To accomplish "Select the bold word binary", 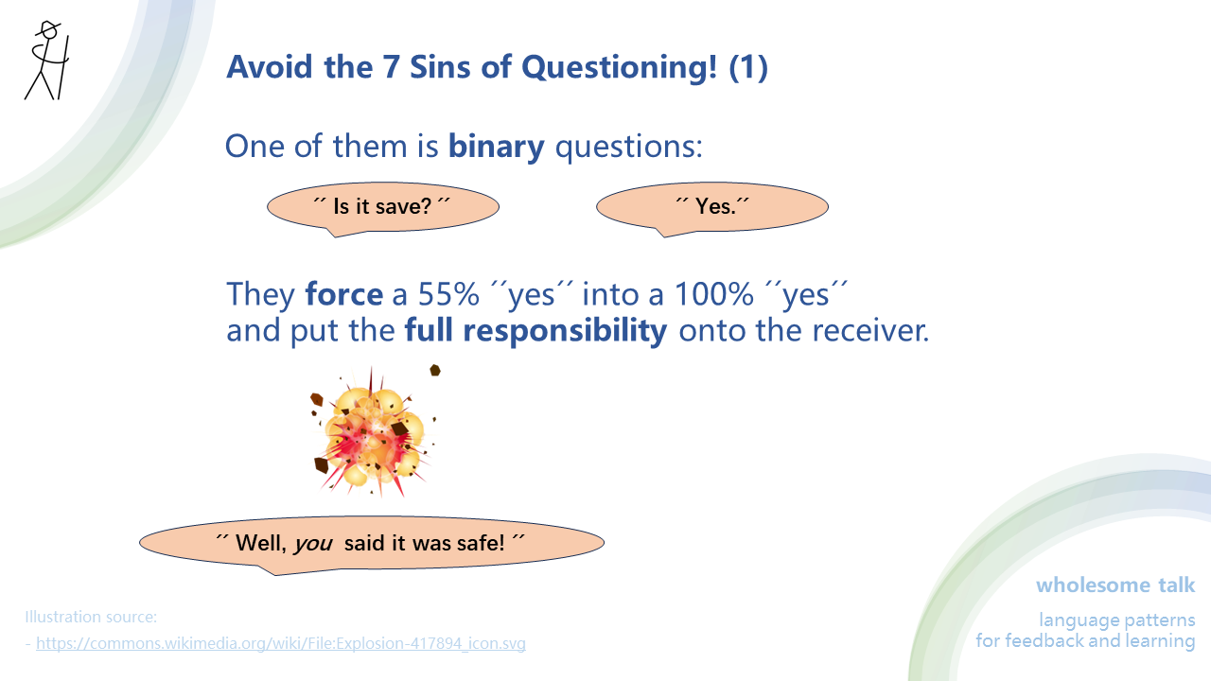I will (x=496, y=147).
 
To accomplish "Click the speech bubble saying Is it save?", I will (x=382, y=206).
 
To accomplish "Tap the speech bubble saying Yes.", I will (x=712, y=206).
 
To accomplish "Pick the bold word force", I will (x=343, y=294).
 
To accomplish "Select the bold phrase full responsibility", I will (x=535, y=331).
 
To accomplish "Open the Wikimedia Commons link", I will (x=281, y=644).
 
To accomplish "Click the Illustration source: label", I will (x=91, y=618).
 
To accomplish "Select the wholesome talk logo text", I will (x=1115, y=585).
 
